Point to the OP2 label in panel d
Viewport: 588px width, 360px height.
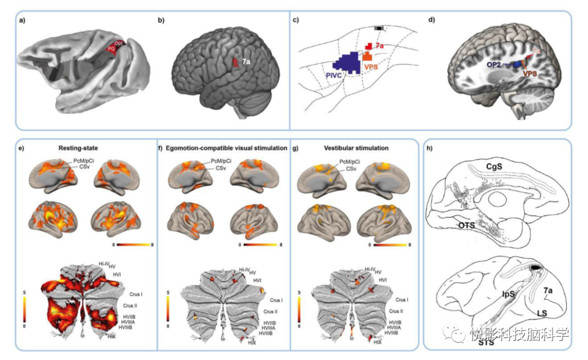coord(494,64)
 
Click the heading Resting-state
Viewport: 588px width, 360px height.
coord(83,148)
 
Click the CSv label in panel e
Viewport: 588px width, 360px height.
coord(83,167)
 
